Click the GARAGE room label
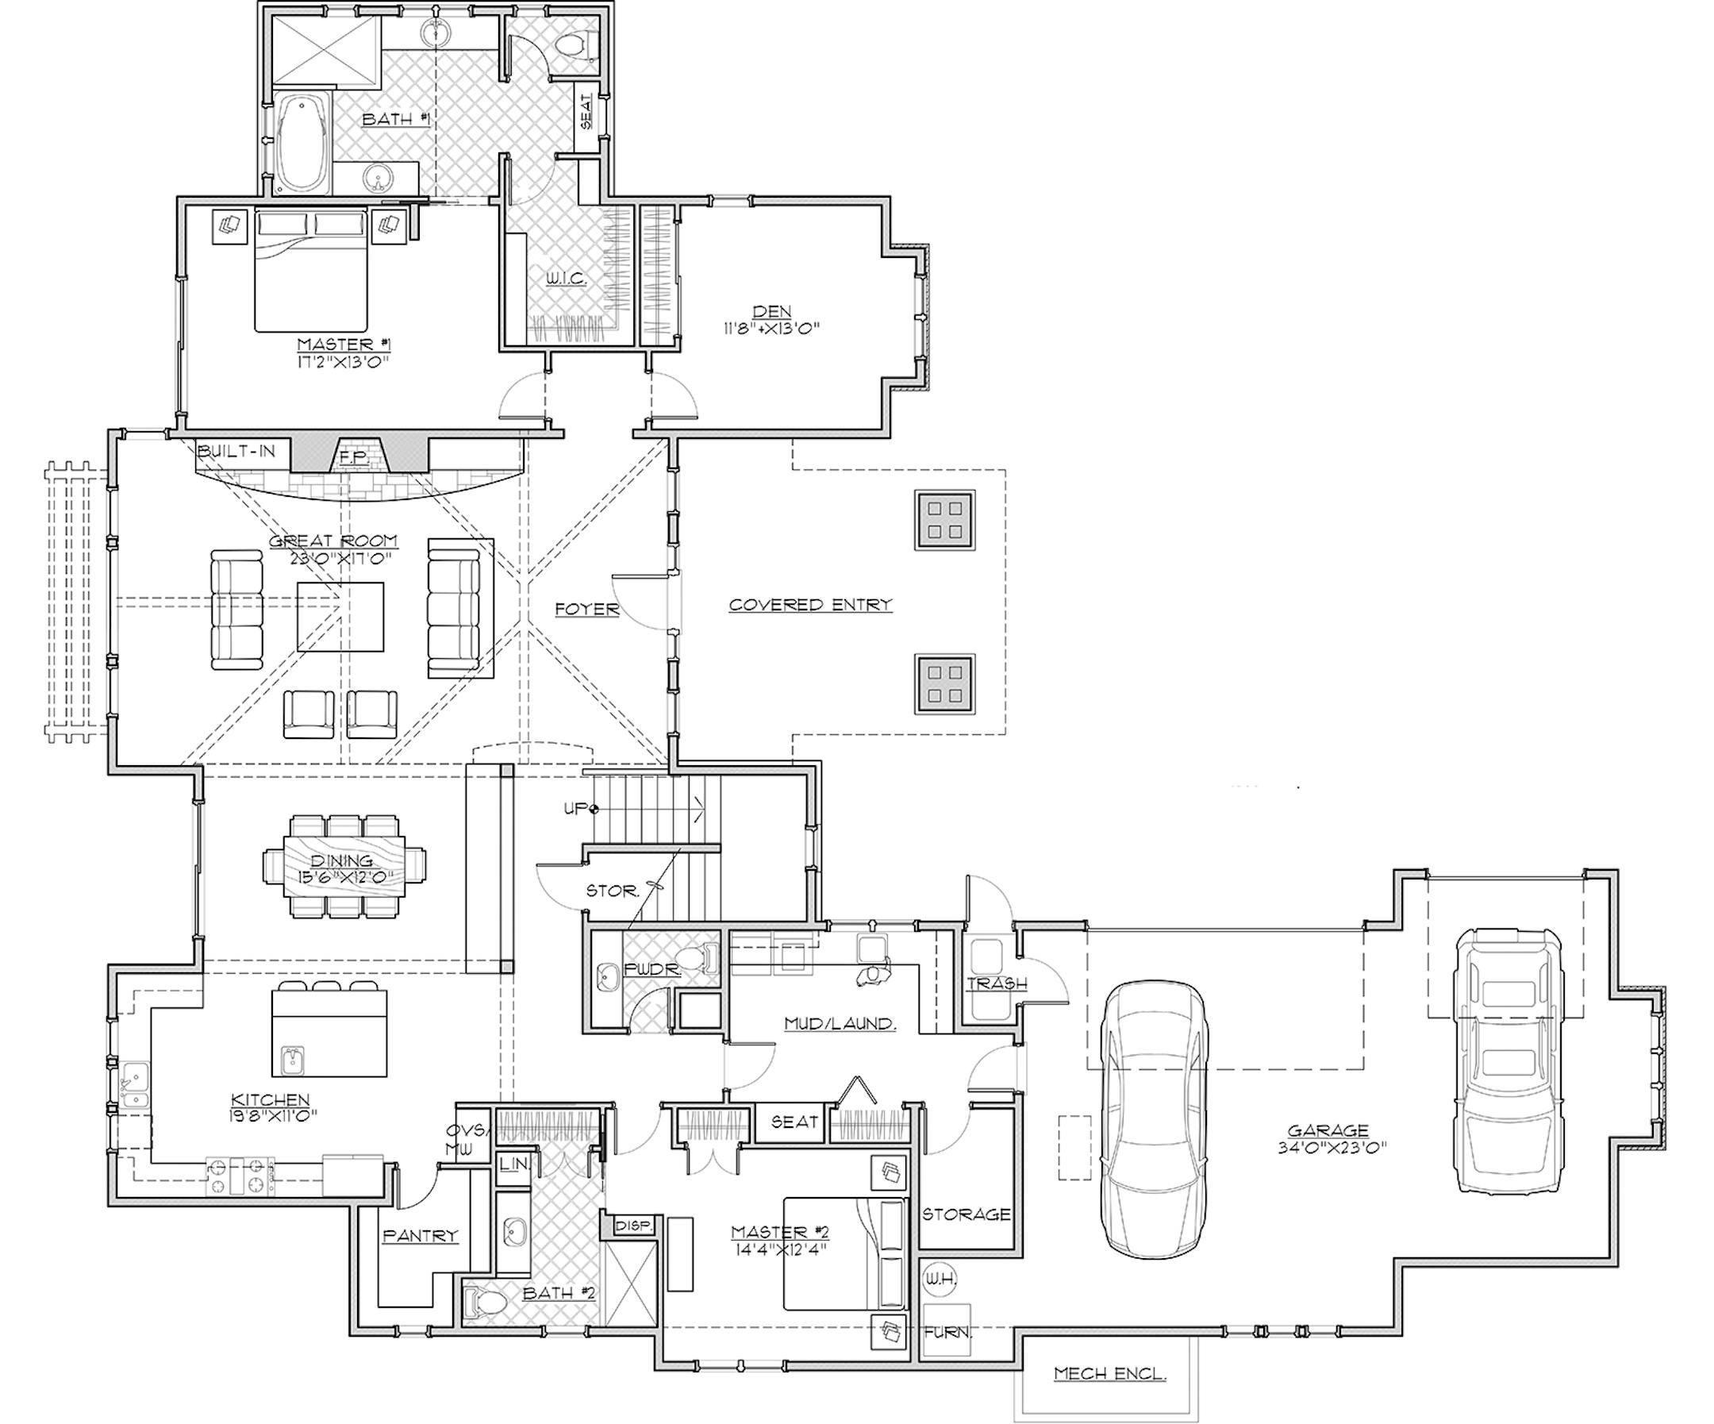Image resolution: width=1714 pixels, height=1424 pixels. coord(1327,1131)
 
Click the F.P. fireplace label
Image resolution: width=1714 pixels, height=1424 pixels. coord(353,458)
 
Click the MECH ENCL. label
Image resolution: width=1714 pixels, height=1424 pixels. coord(1109,1374)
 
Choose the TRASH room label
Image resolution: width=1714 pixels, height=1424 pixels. coord(996,984)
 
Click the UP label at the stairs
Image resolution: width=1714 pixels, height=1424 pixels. coord(576,808)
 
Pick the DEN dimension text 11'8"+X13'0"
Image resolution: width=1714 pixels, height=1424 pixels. coord(771,329)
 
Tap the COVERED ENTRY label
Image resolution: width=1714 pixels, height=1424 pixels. coord(809,605)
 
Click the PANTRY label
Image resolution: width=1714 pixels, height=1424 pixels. coord(421,1235)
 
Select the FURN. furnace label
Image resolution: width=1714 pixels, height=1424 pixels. coord(947,1333)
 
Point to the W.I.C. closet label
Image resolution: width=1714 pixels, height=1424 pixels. coord(566,279)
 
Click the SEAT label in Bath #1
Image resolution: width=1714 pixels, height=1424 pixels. coord(586,111)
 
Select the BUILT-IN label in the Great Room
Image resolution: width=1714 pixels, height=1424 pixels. coord(236,451)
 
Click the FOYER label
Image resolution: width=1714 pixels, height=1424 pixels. coord(587,609)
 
